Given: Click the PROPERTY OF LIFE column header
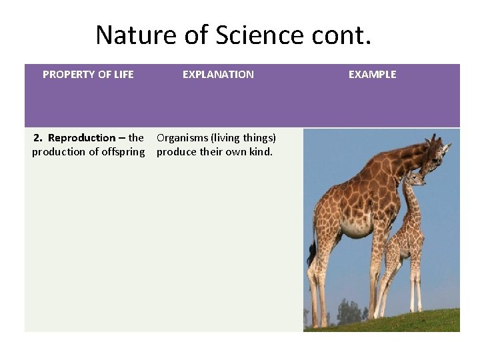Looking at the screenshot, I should pyautogui.click(x=88, y=75).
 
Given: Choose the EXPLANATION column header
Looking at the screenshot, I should pyautogui.click(x=218, y=75).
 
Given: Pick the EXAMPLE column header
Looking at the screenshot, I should pyautogui.click(x=372, y=75).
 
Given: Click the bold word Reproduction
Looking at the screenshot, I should pyautogui.click(x=81, y=138).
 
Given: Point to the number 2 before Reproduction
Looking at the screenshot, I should pyautogui.click(x=37, y=138).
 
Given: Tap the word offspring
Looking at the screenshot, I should pyautogui.click(x=121, y=152).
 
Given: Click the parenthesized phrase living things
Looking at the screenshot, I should pyautogui.click(x=243, y=138).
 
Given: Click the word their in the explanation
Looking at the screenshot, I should pyautogui.click(x=213, y=152).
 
